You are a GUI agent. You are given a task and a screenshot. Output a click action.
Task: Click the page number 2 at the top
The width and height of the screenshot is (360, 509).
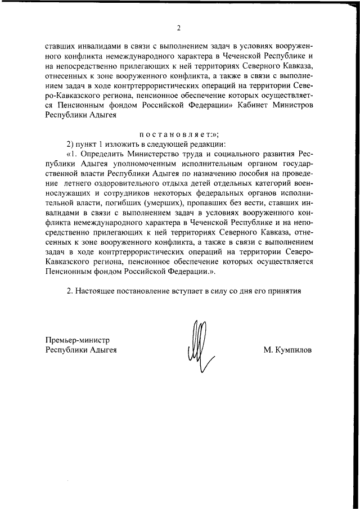coord(178,28)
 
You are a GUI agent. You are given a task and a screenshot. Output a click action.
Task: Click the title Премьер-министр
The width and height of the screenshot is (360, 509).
coord(76,340)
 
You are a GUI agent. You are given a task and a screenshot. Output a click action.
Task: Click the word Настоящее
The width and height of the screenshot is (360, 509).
coord(98,291)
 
